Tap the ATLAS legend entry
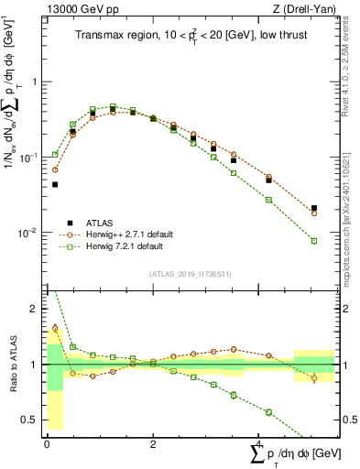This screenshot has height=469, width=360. pyautogui.click(x=103, y=223)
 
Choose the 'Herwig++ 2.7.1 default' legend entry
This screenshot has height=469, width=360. pyautogui.click(x=137, y=234)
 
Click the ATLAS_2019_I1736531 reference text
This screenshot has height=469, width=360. pyautogui.click(x=190, y=274)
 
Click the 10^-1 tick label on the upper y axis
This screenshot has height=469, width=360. pyautogui.click(x=30, y=158)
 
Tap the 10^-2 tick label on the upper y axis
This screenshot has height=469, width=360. pyautogui.click(x=30, y=234)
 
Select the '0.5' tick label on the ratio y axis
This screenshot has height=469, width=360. pyautogui.click(x=31, y=420)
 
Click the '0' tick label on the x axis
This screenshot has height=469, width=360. pyautogui.click(x=47, y=442)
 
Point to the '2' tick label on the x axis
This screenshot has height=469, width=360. pyautogui.click(x=152, y=442)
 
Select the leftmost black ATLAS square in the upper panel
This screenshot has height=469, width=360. pyautogui.click(x=55, y=184)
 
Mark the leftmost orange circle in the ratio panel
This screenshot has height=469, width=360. pyautogui.click(x=55, y=328)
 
